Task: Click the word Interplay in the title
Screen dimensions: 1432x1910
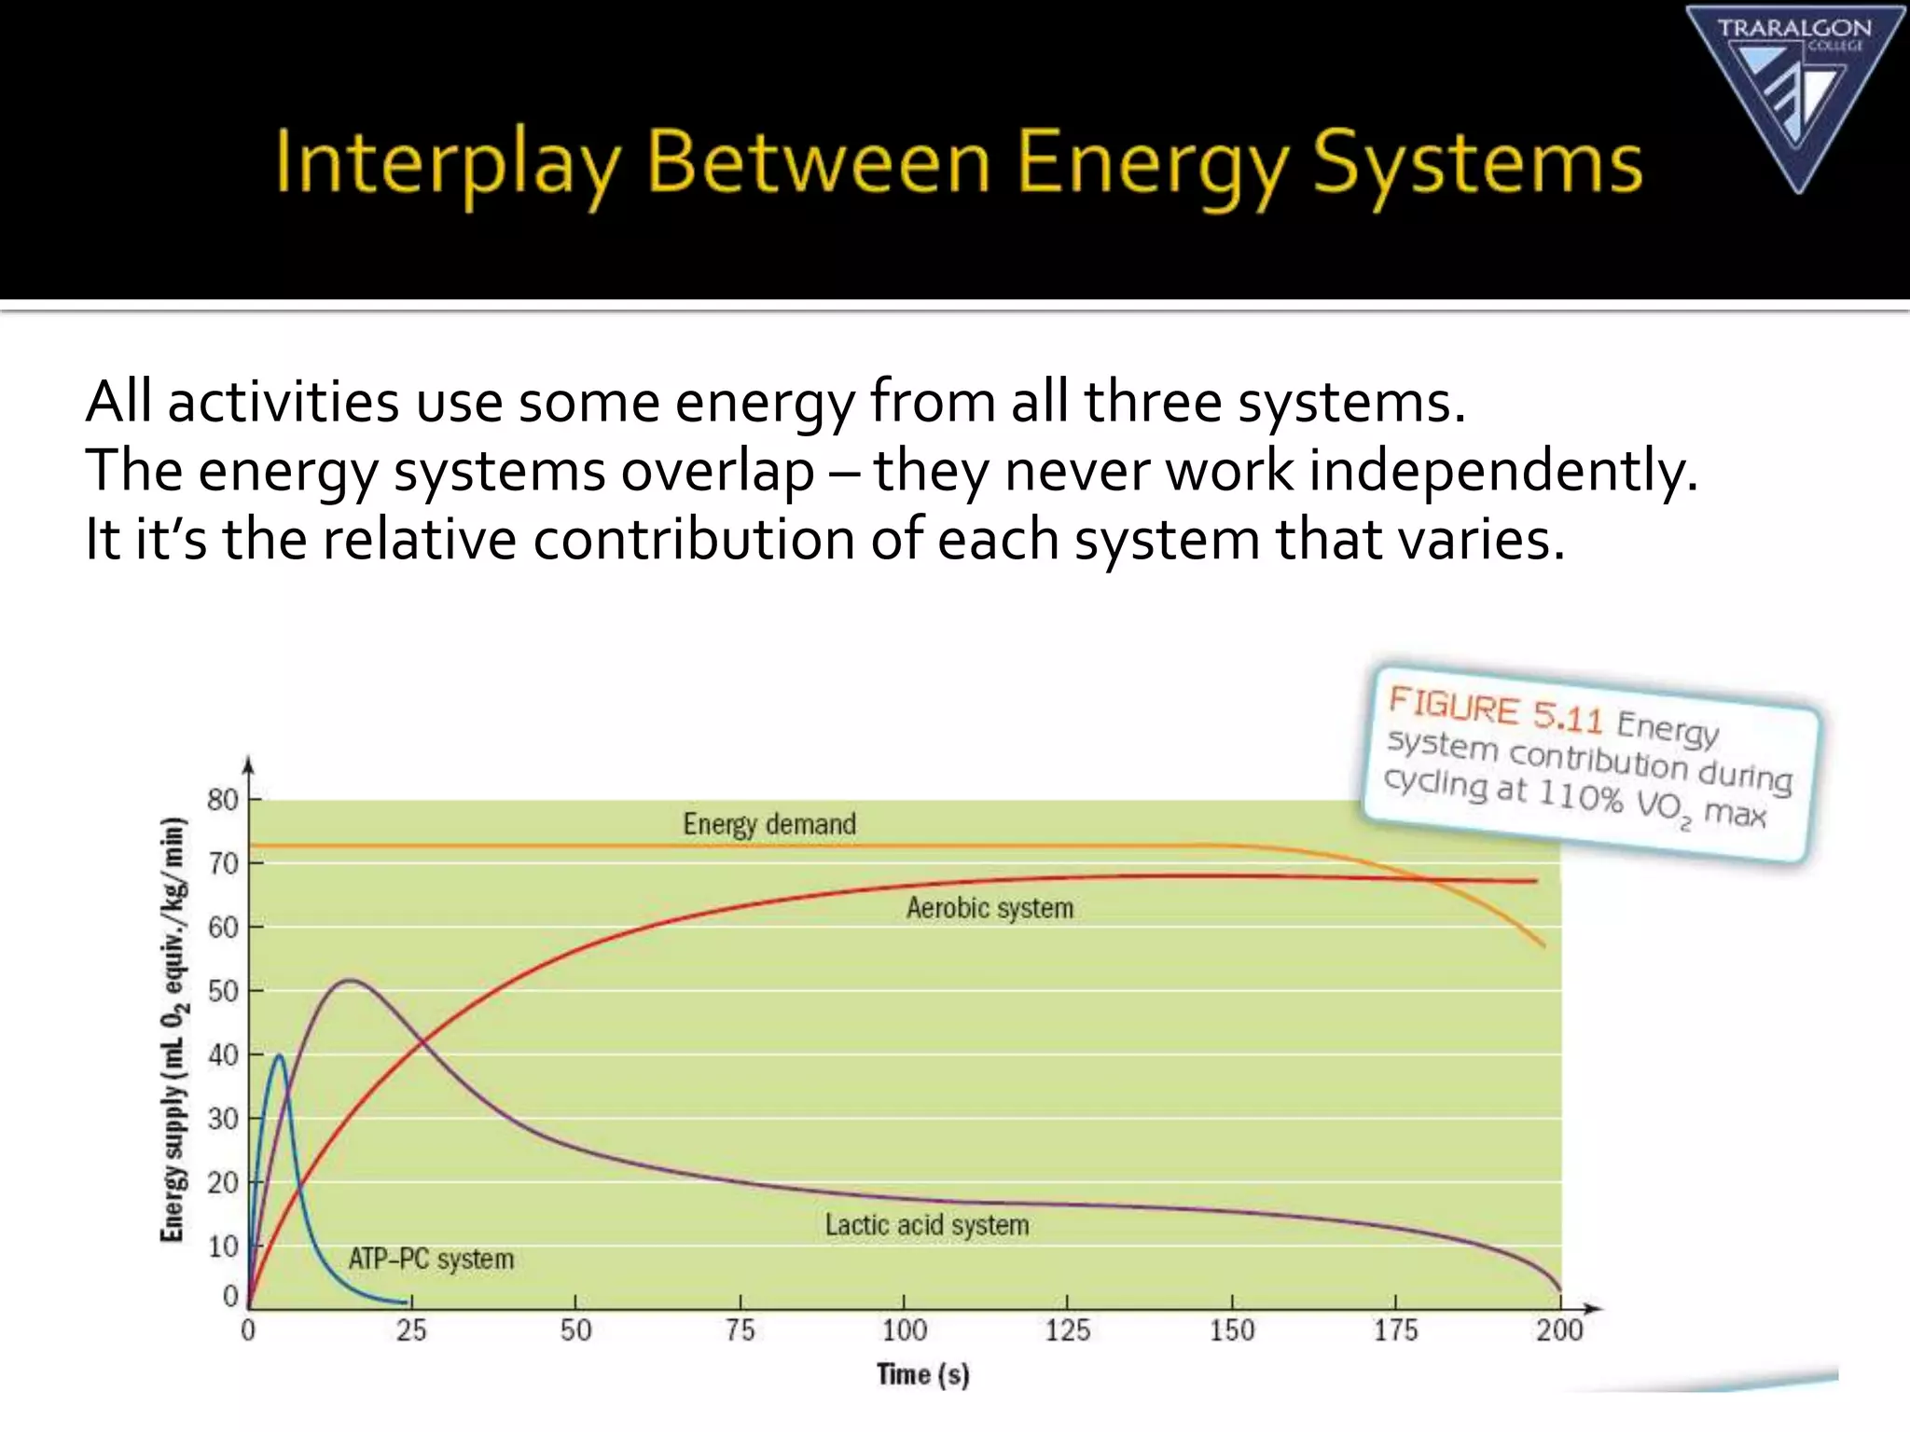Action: pos(447,164)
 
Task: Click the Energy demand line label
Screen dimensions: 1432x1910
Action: pos(769,825)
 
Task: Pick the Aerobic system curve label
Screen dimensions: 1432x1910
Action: pos(990,908)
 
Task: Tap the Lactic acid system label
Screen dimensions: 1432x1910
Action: pos(927,1225)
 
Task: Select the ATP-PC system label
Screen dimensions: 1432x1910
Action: pos(431,1260)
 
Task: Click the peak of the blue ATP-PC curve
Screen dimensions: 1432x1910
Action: pos(279,1055)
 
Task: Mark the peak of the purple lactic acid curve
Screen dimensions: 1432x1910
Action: pos(349,980)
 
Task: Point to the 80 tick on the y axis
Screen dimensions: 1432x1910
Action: pos(223,800)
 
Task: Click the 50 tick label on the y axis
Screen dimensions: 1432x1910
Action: pos(223,991)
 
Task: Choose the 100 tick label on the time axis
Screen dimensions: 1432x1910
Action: pos(904,1330)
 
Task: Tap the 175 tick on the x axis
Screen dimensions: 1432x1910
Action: pos(1395,1330)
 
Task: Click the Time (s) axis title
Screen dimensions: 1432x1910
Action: pos(922,1375)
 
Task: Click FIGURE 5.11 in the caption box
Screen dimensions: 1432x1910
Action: pos(1495,709)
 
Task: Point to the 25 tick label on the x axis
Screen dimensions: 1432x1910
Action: pos(411,1330)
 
